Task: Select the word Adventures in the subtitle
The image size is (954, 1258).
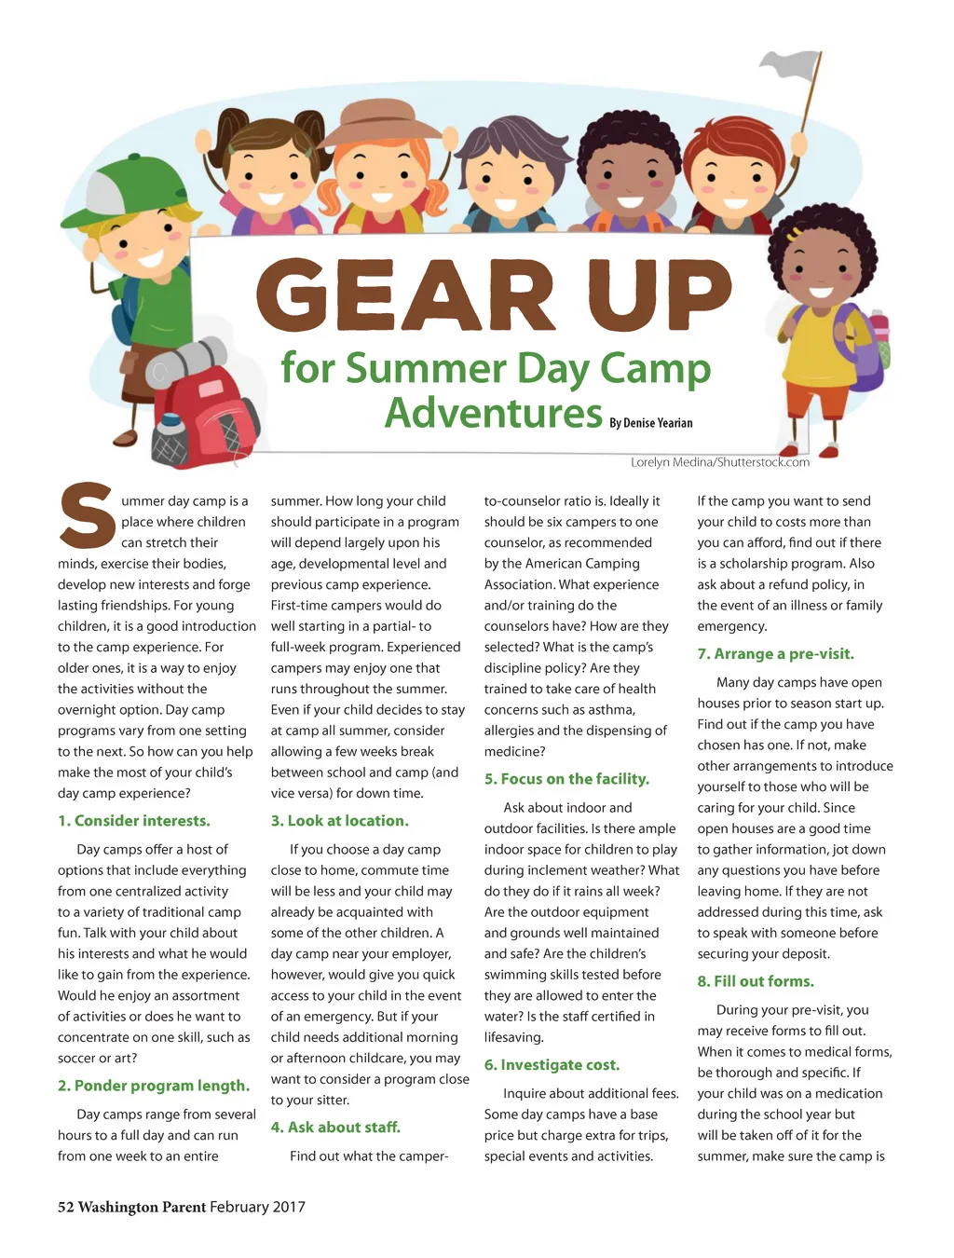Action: pos(494,413)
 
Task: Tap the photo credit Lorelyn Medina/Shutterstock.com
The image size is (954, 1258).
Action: pos(719,462)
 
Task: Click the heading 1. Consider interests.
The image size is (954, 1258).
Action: pos(134,821)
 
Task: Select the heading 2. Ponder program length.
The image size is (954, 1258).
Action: pos(154,1086)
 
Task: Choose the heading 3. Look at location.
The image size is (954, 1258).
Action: pos(339,821)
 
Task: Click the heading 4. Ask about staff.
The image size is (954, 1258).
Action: pos(335,1128)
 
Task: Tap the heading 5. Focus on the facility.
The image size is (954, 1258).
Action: pos(566,779)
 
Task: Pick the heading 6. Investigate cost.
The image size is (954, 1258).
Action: pos(552,1065)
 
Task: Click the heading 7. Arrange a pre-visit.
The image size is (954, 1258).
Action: pos(775,654)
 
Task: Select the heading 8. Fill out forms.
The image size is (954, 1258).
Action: pos(756,981)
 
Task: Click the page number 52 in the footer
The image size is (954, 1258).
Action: pos(65,1208)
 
